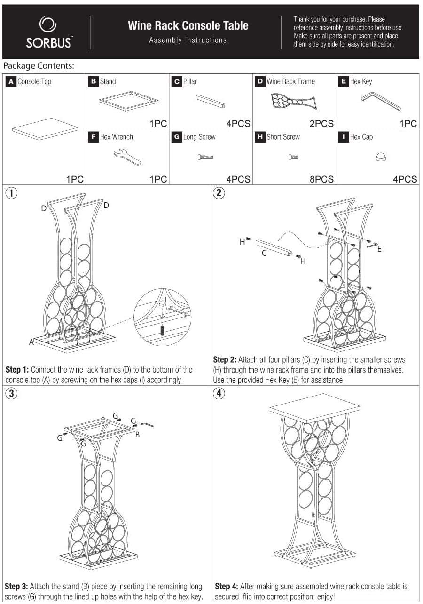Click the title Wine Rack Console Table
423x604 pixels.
(x=188, y=25)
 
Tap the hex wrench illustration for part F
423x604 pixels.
(x=127, y=157)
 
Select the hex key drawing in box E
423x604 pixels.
(x=380, y=101)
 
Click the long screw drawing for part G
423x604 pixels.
(x=205, y=157)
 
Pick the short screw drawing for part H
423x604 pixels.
(x=293, y=157)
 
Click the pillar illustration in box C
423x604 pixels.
(x=210, y=101)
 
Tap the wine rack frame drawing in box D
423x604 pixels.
(x=293, y=101)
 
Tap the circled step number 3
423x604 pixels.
(x=11, y=394)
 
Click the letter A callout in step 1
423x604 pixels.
(x=31, y=342)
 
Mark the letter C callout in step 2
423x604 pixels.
(x=264, y=253)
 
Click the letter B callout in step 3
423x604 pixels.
(x=137, y=435)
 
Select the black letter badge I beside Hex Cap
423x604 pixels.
(x=343, y=137)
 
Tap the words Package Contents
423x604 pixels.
(x=39, y=66)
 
